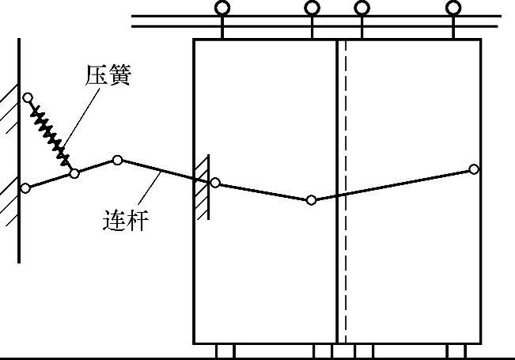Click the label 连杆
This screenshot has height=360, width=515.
tap(126, 219)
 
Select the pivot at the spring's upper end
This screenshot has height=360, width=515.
tap(28, 98)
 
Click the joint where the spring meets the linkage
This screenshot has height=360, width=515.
tap(74, 172)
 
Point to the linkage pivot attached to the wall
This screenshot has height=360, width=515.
tap(25, 188)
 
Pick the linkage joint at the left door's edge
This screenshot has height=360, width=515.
tap(215, 183)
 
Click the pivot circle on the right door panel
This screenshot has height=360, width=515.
tap(474, 169)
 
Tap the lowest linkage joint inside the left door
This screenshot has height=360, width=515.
tap(312, 200)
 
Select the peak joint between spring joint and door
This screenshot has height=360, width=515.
tap(117, 160)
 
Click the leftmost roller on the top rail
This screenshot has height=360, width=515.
tap(222, 9)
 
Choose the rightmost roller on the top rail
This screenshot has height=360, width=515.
tap(453, 9)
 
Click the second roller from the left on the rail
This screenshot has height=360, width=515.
tap(312, 9)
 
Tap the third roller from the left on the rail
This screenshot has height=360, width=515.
tap(362, 9)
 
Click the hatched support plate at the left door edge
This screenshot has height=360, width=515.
tap(202, 184)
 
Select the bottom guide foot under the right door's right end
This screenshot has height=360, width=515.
tap(456, 351)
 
